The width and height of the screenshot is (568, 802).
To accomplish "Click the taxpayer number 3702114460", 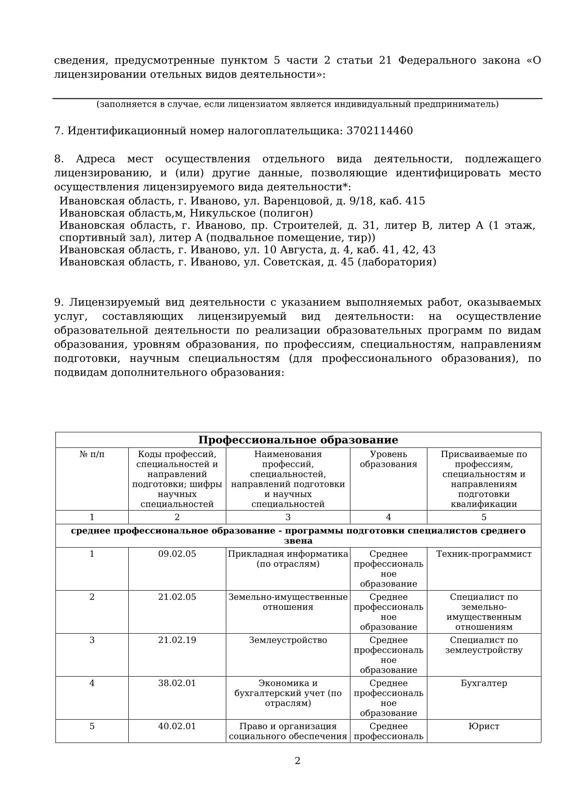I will pyautogui.click(x=380, y=131).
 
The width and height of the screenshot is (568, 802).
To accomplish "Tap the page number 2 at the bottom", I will pyautogui.click(x=297, y=760).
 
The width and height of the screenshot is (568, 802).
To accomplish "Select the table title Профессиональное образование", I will pyautogui.click(x=298, y=440).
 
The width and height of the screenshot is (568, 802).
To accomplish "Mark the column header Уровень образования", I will pyautogui.click(x=388, y=459).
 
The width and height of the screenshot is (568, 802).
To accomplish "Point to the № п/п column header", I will pyautogui.click(x=92, y=454).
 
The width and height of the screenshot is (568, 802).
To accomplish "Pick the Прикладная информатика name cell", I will pyautogui.click(x=288, y=559).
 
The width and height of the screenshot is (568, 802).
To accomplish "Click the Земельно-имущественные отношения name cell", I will pyautogui.click(x=288, y=602).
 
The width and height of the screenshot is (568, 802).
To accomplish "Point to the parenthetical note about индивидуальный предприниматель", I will pyautogui.click(x=297, y=104).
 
